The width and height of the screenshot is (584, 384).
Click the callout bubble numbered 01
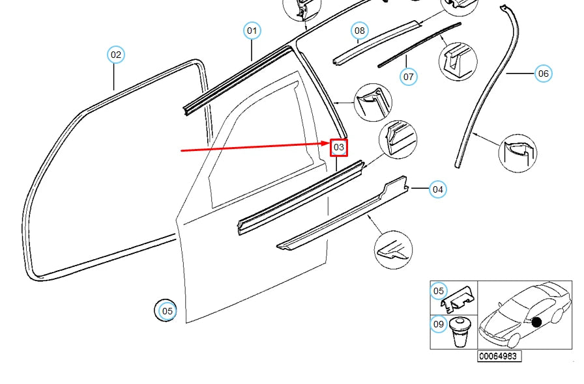point(252,31)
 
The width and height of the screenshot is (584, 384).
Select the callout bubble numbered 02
point(115,55)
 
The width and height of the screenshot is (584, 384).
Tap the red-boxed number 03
point(339,148)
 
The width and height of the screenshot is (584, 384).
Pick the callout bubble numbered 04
point(438,190)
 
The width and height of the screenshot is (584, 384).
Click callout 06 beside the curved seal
point(543,74)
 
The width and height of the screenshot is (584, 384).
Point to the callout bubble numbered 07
point(408,77)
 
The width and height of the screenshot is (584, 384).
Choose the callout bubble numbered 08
point(360,31)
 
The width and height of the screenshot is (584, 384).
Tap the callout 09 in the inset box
point(439,323)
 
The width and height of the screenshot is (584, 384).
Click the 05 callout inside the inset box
point(439,291)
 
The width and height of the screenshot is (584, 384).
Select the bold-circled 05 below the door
point(168,311)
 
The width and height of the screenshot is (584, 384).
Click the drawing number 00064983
point(499,356)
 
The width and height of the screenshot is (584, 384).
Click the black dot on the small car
point(536,322)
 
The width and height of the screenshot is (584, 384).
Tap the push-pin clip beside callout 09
point(462,331)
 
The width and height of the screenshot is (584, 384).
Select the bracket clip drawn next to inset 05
point(460,298)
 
